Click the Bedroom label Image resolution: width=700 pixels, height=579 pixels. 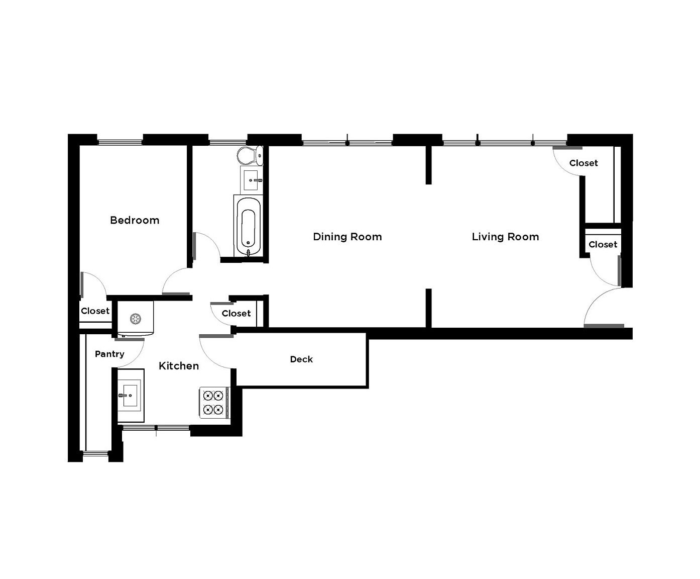coord(135,220)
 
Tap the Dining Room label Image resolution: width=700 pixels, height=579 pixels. coord(347,237)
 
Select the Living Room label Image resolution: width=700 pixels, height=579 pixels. coord(505,237)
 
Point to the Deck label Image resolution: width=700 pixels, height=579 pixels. coord(301,359)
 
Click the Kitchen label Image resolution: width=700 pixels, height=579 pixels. coord(178,366)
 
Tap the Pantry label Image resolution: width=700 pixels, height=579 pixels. coord(109,354)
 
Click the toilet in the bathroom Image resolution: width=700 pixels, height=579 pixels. coord(250,155)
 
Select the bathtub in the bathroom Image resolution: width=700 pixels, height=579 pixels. coord(248,226)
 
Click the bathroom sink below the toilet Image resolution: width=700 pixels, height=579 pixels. coord(251,179)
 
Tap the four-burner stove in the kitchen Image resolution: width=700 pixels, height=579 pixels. coord(213,403)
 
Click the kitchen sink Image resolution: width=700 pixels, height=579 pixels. coord(130,396)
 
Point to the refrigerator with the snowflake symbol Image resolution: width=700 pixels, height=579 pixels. coord(135,319)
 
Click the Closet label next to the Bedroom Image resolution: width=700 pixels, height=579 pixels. coord(95,311)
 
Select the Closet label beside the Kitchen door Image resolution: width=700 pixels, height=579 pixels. coord(236,314)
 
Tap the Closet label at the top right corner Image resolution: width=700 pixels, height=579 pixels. coord(584,163)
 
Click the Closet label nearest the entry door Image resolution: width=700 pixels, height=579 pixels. coord(603,245)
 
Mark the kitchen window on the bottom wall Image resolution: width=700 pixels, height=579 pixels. coord(156,428)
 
